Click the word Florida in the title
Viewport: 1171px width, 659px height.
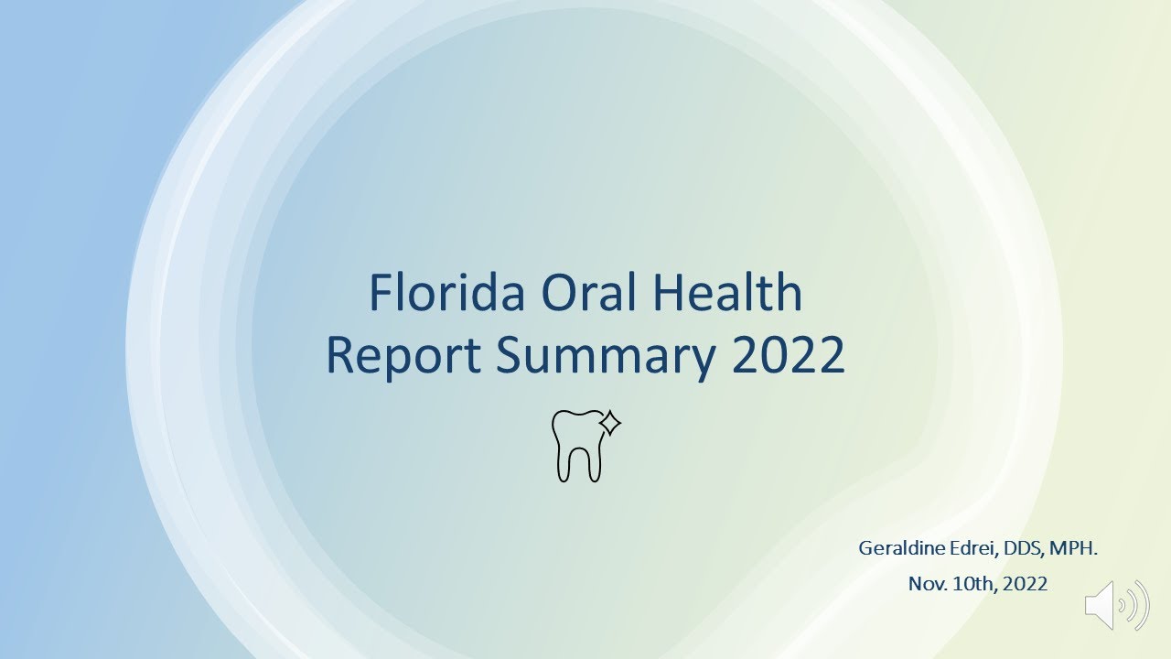[x=446, y=293]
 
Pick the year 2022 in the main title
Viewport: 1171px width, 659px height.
[x=788, y=357]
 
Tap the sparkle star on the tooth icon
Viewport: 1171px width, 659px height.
[x=610, y=423]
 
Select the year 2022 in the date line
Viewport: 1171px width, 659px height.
[x=1026, y=583]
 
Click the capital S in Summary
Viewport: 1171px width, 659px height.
[x=510, y=357]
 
